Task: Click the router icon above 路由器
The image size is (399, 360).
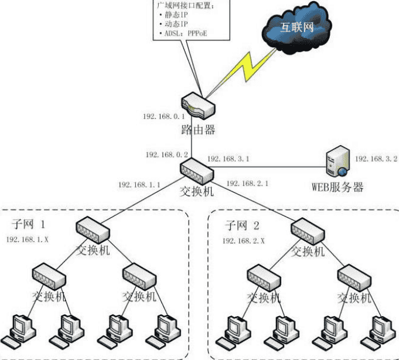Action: pyautogui.click(x=198, y=106)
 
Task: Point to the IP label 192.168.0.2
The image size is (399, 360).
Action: pyautogui.click(x=167, y=155)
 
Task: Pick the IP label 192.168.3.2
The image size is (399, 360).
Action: pyautogui.click(x=376, y=159)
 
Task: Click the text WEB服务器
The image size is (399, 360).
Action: pyautogui.click(x=337, y=187)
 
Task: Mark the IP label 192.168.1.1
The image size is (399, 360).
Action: pyautogui.click(x=139, y=184)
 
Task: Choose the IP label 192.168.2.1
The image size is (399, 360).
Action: pyautogui.click(x=247, y=183)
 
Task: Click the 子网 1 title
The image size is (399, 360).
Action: pyautogui.click(x=29, y=224)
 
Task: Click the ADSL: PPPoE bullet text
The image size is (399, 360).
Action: pyautogui.click(x=182, y=33)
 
